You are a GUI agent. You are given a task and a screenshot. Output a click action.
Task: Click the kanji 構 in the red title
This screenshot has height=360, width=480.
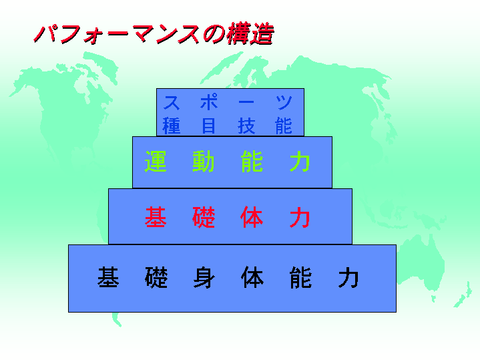(x=238, y=33)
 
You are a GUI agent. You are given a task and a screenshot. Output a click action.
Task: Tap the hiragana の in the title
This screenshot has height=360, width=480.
(x=214, y=33)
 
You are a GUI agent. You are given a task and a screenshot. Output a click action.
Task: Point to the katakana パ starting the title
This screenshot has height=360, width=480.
(x=47, y=33)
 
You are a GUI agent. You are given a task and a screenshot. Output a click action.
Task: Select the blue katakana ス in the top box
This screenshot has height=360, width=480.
(x=172, y=102)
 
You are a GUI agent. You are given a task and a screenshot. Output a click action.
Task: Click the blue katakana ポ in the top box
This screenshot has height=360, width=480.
(x=209, y=102)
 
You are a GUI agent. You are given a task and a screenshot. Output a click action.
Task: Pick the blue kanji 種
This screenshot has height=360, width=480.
(x=172, y=126)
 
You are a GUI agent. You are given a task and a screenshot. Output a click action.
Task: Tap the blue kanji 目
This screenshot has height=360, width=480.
(x=209, y=126)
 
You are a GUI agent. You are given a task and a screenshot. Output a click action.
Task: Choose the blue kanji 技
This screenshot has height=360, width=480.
(x=246, y=126)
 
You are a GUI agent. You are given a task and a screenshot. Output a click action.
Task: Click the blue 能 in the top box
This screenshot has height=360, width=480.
(x=284, y=126)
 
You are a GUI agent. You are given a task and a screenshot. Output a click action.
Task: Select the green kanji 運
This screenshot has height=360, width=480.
(x=156, y=162)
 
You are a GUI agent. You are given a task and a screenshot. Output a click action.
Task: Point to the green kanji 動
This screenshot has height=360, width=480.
(x=203, y=162)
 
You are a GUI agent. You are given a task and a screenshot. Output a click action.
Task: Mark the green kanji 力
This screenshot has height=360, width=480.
(x=300, y=162)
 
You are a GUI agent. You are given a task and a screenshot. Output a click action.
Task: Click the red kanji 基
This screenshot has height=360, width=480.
(x=156, y=217)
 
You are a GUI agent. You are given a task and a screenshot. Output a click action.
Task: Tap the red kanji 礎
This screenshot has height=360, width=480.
(x=204, y=217)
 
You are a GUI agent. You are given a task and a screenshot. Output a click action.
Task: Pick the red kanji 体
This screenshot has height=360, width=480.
(x=252, y=217)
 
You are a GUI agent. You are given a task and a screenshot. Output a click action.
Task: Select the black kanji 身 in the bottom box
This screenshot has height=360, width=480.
(x=204, y=277)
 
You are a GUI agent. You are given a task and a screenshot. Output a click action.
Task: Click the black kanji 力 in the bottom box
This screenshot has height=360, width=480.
(x=348, y=278)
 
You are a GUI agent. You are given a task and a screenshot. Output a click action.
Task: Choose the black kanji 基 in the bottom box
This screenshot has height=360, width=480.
(x=108, y=277)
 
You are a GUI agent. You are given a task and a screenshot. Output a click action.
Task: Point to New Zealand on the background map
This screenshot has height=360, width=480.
(x=463, y=295)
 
